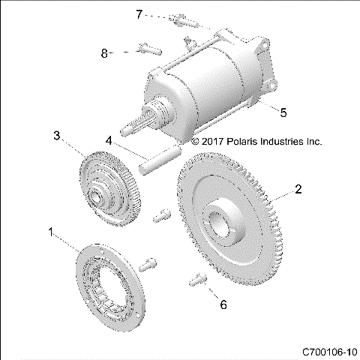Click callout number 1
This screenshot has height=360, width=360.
click(52, 233)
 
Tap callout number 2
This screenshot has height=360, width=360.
click(298, 190)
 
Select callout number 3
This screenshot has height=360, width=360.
click(56, 135)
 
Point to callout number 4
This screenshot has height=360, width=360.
click(109, 140)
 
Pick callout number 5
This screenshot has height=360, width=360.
click(283, 112)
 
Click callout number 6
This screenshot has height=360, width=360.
click(222, 304)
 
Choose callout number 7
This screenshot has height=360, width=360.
click(139, 13)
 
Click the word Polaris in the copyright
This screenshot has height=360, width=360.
click(245, 140)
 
